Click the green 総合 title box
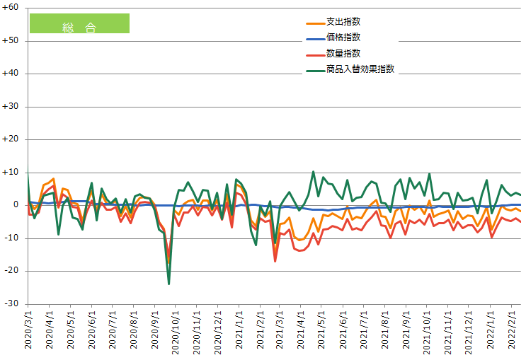(x=79, y=23)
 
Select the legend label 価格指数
(x=343, y=37)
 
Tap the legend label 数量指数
(x=343, y=53)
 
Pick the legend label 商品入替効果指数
(x=360, y=69)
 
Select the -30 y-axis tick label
(x=12, y=304)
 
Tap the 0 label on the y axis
(x=15, y=205)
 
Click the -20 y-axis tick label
(x=12, y=271)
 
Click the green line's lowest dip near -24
(x=168, y=284)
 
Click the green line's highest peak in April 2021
(x=313, y=171)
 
